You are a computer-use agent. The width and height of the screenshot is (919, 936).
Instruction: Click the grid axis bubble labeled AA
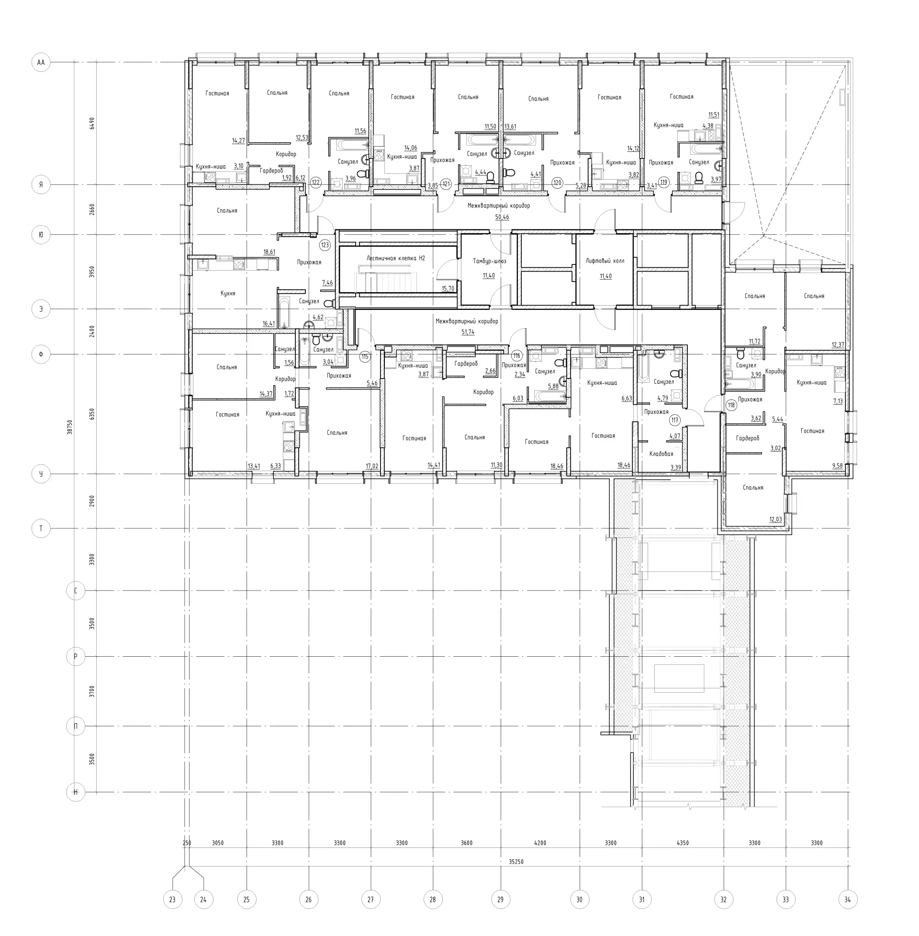(41, 62)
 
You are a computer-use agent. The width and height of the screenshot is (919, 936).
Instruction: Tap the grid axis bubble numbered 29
(500, 899)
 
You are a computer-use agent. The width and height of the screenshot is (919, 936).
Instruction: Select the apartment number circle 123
(325, 245)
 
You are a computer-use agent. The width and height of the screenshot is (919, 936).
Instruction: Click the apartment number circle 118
(731, 405)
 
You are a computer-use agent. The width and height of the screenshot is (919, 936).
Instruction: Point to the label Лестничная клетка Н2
(396, 258)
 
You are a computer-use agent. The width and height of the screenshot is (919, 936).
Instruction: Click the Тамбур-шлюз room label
(490, 261)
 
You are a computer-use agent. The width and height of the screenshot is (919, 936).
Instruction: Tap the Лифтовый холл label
(605, 261)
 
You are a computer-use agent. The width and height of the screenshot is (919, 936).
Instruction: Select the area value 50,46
(502, 217)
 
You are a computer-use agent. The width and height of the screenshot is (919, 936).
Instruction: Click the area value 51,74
(468, 332)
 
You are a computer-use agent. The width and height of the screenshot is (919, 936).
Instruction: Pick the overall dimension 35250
(516, 862)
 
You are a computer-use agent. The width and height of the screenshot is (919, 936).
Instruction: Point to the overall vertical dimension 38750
(70, 427)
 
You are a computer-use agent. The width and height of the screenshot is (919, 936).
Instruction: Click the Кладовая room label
(661, 454)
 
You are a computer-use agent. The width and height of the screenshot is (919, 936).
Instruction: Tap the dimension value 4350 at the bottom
(683, 843)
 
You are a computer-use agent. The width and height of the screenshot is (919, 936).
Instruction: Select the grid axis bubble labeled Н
(76, 792)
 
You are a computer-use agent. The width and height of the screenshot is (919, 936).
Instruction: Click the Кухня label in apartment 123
(228, 293)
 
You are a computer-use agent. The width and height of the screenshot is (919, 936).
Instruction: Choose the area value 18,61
(269, 252)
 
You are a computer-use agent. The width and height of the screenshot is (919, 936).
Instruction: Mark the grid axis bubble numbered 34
(848, 899)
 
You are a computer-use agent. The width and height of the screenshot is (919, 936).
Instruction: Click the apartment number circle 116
(517, 356)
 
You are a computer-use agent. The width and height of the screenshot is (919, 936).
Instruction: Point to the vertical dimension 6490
(92, 123)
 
